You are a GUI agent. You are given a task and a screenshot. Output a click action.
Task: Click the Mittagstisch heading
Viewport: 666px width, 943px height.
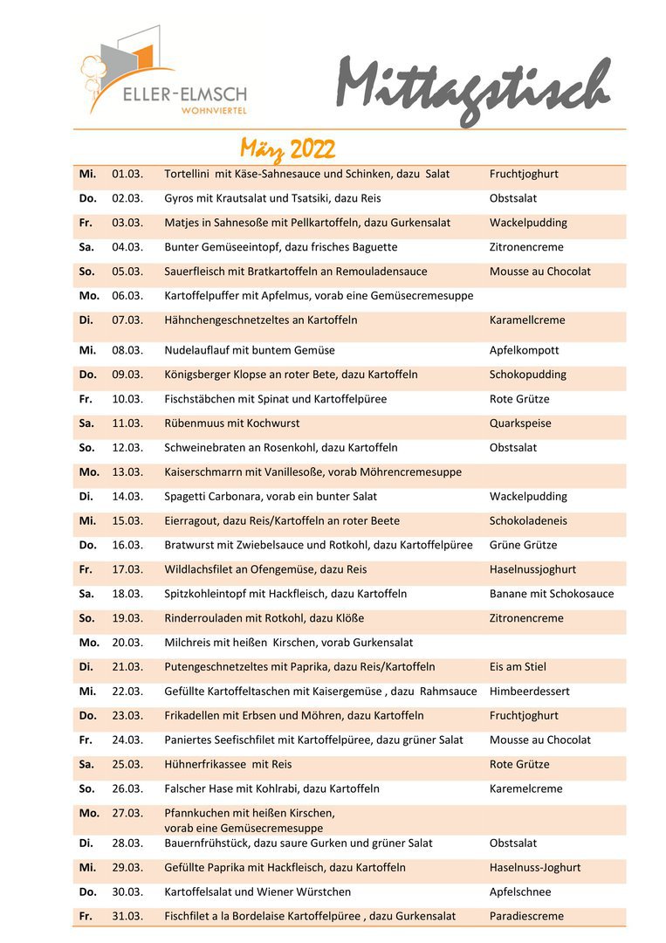coord(472,90)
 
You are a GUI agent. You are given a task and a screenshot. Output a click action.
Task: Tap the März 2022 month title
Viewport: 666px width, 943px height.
coord(287,148)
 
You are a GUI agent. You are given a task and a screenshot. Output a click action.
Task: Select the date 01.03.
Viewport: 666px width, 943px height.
coord(127,174)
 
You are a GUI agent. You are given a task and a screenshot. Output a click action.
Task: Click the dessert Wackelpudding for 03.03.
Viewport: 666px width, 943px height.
coord(528,223)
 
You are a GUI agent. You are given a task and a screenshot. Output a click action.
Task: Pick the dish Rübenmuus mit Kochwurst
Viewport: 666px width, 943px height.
coord(231,423)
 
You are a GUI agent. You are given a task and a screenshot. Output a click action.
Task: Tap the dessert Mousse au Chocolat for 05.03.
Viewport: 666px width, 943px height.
coord(539,272)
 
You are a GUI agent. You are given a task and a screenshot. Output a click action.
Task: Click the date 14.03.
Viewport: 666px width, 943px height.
coord(127,497)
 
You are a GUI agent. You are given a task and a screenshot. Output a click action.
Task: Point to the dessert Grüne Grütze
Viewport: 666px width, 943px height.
coord(523,545)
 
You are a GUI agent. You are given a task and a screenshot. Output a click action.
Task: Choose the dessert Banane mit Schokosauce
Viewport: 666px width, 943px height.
coord(552,594)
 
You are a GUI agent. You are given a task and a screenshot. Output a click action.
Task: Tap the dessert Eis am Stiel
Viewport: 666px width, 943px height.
coord(518,667)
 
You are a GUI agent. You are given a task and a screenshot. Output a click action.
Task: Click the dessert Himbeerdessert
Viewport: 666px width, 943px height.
coord(529,692)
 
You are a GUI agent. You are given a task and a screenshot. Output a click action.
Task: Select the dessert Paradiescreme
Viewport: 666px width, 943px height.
coord(526,916)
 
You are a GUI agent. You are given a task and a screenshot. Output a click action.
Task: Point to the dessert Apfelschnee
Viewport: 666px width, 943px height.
coord(520,891)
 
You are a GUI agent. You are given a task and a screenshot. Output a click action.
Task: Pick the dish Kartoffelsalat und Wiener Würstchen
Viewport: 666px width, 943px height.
coord(257,891)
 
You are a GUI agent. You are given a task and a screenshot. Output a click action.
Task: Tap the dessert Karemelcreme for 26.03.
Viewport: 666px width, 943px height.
coord(526,788)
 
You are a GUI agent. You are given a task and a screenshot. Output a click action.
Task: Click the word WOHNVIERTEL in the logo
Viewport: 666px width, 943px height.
coord(213,111)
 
